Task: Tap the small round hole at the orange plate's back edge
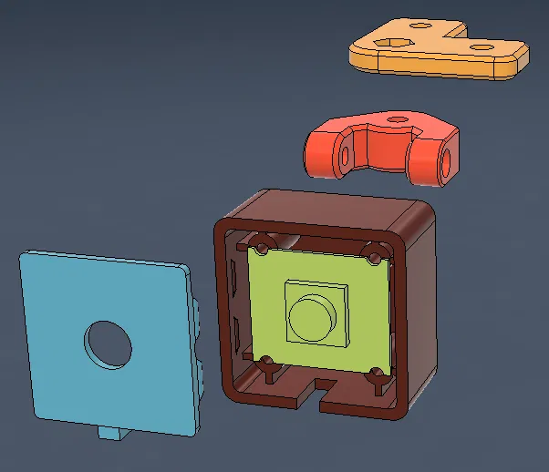click(420, 26)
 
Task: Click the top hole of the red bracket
click(396, 118)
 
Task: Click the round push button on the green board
click(312, 316)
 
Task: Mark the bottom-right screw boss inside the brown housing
click(376, 375)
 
